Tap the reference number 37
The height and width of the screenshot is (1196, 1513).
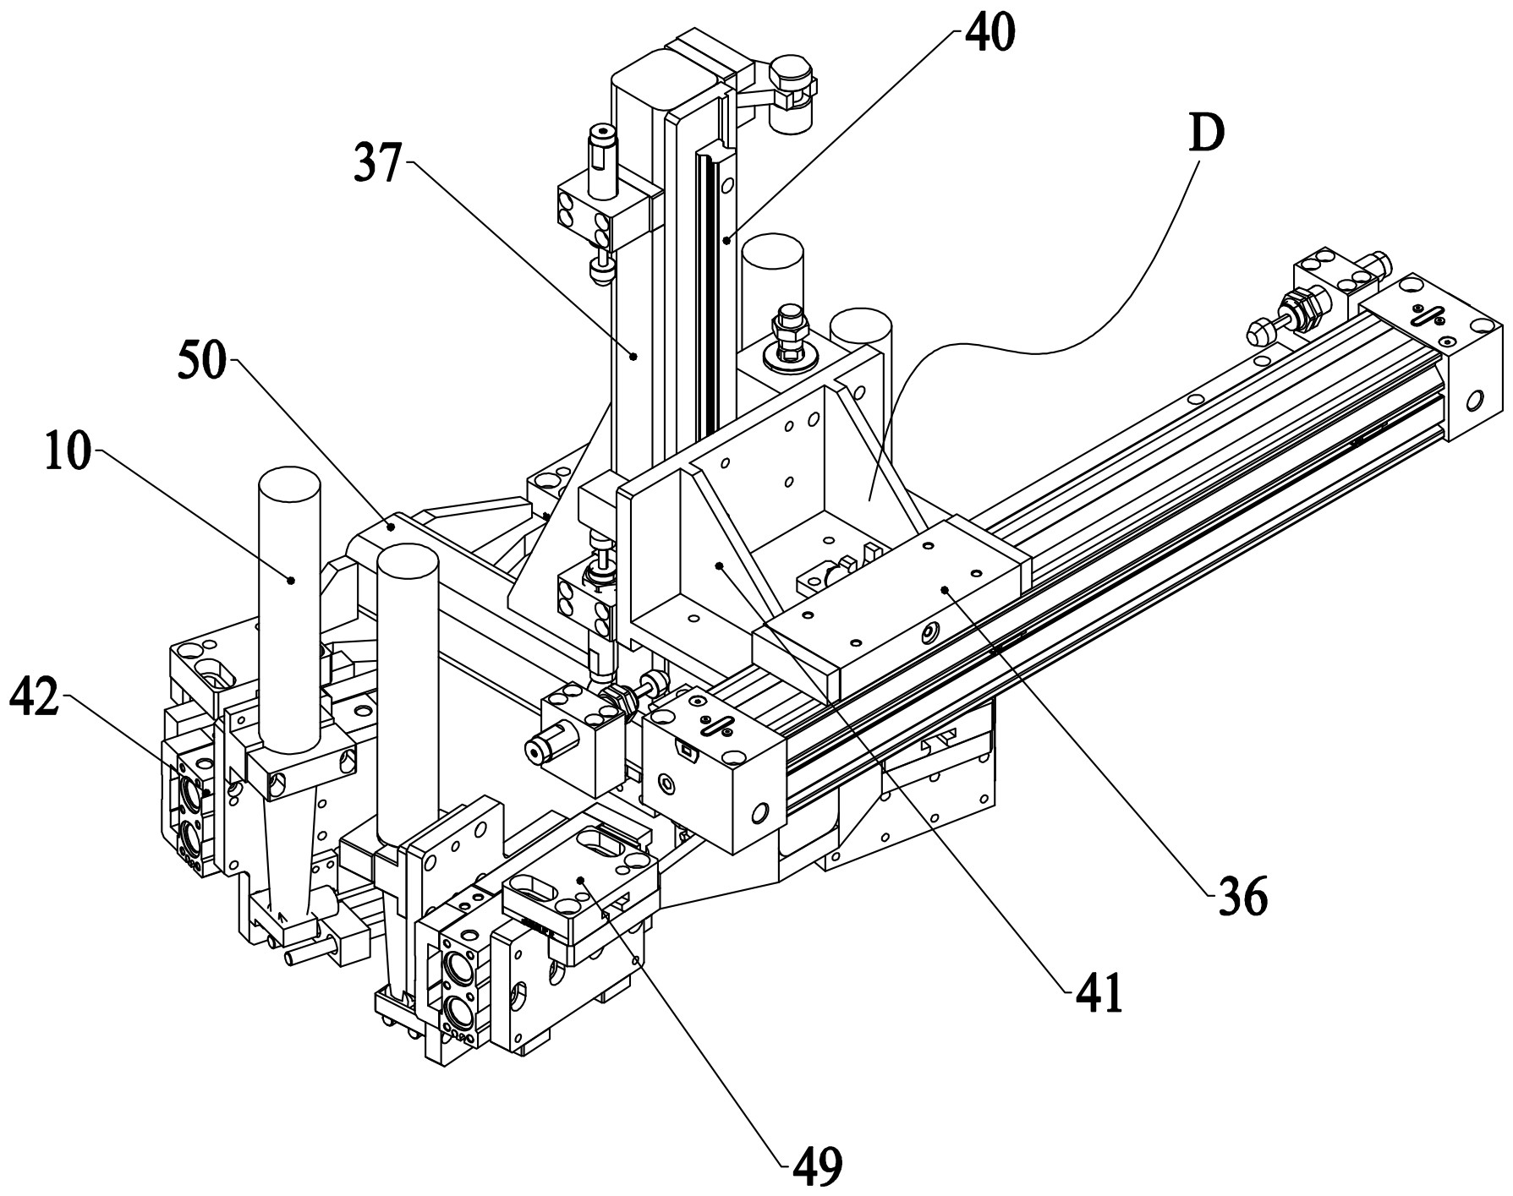377,163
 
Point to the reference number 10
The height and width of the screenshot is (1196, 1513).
68,456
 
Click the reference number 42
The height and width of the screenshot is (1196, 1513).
34,698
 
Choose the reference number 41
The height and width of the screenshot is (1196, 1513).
1099,995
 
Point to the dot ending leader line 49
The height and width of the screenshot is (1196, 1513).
582,881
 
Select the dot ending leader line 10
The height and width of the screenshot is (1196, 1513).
290,580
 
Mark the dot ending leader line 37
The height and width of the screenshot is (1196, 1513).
633,357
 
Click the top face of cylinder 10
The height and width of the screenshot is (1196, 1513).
289,485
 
